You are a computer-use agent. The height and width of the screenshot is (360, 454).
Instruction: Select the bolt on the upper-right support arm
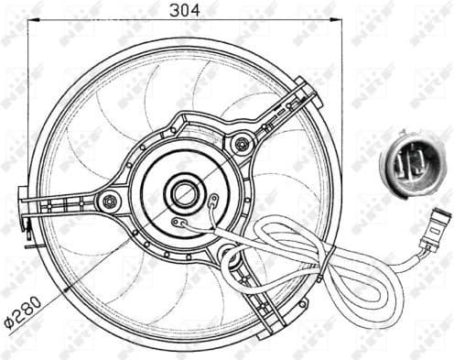(x=242, y=143)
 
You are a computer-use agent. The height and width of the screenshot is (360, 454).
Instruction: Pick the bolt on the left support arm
(x=111, y=202)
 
